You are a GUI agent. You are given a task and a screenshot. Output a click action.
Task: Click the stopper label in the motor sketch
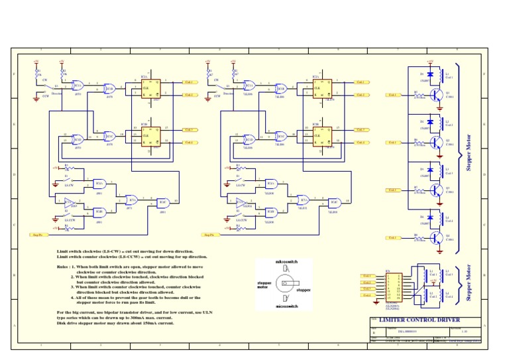point(303,290)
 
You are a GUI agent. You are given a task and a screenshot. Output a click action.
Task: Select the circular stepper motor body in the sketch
point(285,286)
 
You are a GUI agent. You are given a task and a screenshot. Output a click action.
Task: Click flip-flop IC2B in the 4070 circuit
point(150,131)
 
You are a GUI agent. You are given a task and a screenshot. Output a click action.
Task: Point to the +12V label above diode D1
point(430,62)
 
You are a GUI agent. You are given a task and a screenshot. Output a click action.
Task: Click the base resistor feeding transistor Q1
point(418,95)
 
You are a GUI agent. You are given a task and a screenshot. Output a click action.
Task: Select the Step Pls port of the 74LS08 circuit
point(209,235)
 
